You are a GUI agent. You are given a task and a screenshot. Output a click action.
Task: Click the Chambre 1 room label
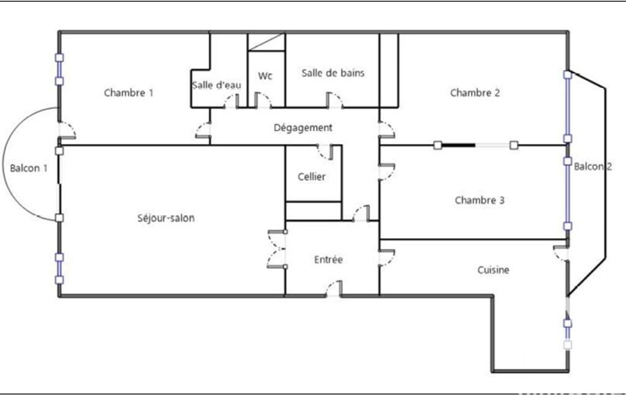(128, 93)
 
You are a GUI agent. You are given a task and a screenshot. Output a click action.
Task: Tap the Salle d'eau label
(216, 85)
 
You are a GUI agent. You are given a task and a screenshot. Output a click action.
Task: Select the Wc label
(265, 76)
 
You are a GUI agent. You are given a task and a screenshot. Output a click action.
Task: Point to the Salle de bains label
(333, 73)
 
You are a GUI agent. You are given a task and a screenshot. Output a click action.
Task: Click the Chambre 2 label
(475, 93)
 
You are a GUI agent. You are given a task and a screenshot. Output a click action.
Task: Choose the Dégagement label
(303, 128)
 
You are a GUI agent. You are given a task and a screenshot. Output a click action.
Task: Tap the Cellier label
(311, 177)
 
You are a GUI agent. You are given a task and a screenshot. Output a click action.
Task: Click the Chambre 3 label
(479, 200)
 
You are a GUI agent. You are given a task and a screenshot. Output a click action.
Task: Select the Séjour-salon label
(166, 218)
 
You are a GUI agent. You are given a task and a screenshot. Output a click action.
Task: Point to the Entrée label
(329, 260)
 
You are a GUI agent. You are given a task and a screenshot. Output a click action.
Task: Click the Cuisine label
(493, 270)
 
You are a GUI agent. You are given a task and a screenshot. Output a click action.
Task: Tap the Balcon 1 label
(29, 168)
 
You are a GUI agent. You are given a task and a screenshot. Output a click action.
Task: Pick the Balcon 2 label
(593, 167)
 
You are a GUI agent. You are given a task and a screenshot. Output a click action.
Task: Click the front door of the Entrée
(333, 289)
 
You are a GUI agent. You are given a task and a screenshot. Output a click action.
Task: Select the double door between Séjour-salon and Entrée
(277, 249)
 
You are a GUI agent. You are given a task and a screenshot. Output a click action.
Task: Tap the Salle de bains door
(335, 100)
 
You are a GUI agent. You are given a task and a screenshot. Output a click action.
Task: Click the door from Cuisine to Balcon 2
(561, 254)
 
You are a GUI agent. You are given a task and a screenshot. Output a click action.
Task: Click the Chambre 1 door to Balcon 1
(67, 130)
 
